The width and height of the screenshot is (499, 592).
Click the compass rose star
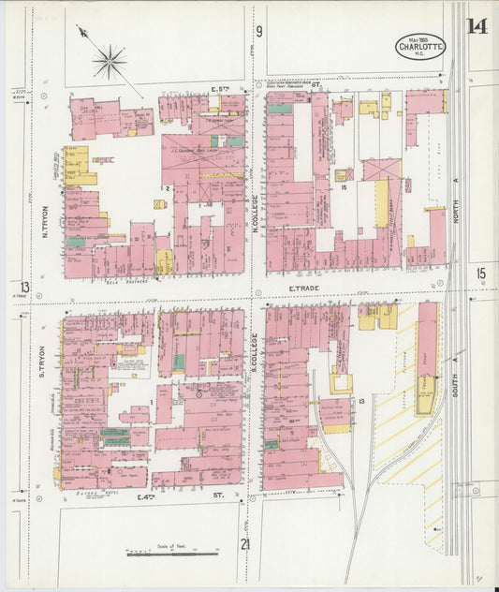(110, 62)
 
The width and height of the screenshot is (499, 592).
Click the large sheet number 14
(477, 26)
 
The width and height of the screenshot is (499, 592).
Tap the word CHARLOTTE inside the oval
(420, 46)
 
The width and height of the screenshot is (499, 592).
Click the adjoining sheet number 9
(259, 31)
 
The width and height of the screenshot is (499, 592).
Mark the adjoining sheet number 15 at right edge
(481, 274)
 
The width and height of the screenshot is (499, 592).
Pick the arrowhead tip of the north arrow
(81, 31)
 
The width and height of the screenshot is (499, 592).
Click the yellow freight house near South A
(427, 402)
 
